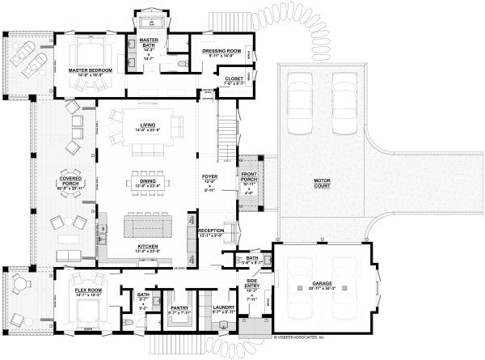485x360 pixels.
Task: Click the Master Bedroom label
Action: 89,70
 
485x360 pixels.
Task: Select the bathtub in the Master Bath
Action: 150,22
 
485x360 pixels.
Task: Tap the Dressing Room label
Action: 221,50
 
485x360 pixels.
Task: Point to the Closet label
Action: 234,79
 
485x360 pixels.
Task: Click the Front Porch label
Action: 248,176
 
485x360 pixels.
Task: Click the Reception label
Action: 210,231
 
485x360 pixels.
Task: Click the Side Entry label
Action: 251,283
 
